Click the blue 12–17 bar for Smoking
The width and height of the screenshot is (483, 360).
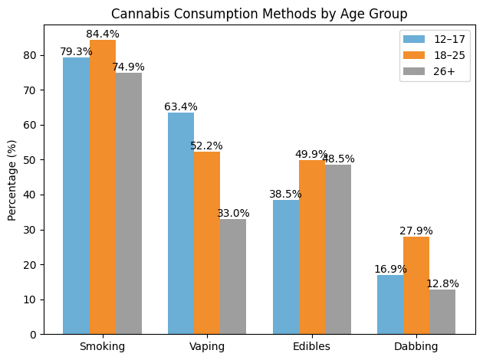pyautogui.click(x=77, y=195)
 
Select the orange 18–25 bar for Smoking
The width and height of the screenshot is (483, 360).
pyautogui.click(x=103, y=187)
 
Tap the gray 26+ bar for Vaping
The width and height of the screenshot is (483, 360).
pyautogui.click(x=233, y=277)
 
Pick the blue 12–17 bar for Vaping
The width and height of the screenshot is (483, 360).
pyautogui.click(x=181, y=223)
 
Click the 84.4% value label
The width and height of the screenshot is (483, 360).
pyautogui.click(x=103, y=34)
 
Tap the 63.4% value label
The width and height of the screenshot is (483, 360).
pyautogui.click(x=181, y=107)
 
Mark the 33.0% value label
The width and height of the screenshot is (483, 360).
pyautogui.click(x=233, y=214)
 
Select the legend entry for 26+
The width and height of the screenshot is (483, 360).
pyautogui.click(x=429, y=72)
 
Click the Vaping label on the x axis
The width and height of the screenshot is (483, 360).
pyautogui.click(x=207, y=346)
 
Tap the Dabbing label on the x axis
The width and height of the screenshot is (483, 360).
pyautogui.click(x=416, y=346)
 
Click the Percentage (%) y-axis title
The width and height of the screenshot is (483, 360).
pyautogui.click(x=11, y=180)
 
